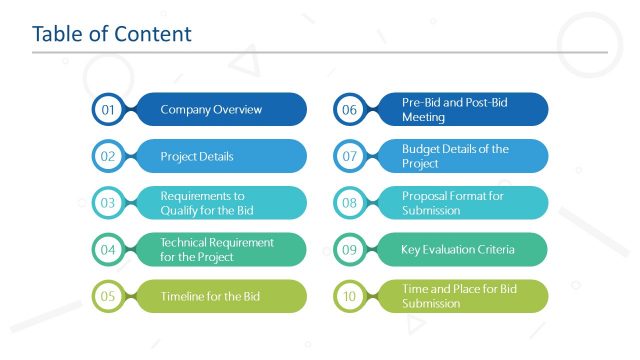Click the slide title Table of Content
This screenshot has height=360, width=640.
click(x=111, y=34)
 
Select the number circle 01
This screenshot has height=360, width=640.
click(x=108, y=110)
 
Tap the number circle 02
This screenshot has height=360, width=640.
click(x=108, y=156)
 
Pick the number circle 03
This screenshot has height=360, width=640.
click(x=108, y=203)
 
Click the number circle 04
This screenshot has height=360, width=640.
click(x=108, y=250)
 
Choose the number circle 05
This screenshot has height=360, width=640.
click(x=108, y=296)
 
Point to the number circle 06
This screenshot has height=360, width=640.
click(x=349, y=110)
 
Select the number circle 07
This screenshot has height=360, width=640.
click(x=349, y=156)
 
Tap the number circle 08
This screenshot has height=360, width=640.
click(x=349, y=203)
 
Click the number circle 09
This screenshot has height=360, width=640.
click(x=349, y=250)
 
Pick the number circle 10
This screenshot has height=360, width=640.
click(x=349, y=296)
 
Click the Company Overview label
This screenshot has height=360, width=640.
click(x=211, y=110)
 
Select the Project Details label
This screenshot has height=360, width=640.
click(x=197, y=156)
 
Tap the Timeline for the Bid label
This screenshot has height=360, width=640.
click(x=211, y=296)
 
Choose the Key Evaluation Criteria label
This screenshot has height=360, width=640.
click(x=459, y=250)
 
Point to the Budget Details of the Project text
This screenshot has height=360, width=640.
click(x=455, y=156)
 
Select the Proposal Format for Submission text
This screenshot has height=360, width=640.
click(x=453, y=203)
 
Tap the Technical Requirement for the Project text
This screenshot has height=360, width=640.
click(x=217, y=249)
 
